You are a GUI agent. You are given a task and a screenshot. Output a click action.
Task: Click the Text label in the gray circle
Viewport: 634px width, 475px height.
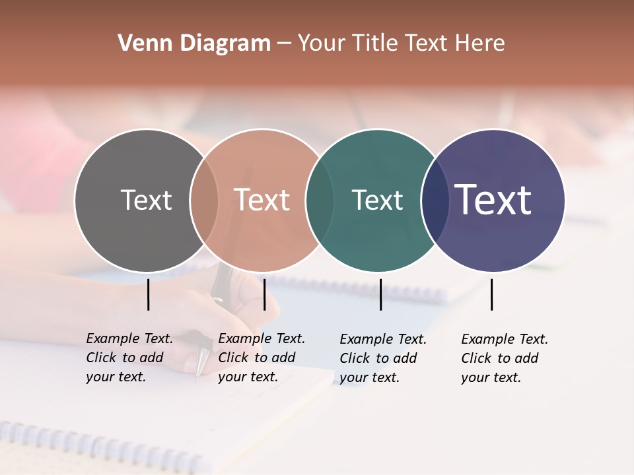pyautogui.click(x=146, y=200)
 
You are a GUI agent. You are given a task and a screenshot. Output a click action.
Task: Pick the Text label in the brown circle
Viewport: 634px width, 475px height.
pyautogui.click(x=262, y=200)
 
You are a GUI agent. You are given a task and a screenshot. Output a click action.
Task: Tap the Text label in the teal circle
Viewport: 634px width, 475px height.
pyautogui.click(x=378, y=200)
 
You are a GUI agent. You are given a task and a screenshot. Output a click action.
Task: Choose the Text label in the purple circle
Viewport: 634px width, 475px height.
pyautogui.click(x=493, y=200)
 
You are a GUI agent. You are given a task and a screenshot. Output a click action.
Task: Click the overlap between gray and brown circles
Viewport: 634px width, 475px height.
pyautogui.click(x=204, y=200)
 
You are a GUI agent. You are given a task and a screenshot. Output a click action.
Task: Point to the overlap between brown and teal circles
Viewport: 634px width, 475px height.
pyautogui.click(x=320, y=200)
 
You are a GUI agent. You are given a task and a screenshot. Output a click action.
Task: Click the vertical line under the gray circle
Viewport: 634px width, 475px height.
pyautogui.click(x=149, y=294)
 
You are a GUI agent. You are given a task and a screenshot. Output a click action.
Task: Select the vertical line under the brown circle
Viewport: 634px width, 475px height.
pyautogui.click(x=264, y=294)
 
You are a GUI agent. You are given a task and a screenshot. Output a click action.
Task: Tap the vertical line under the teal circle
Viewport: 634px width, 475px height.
pyautogui.click(x=381, y=294)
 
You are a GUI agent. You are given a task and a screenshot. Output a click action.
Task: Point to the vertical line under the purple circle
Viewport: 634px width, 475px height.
pyautogui.click(x=492, y=294)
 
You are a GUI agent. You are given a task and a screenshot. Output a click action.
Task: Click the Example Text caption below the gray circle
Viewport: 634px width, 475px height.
pyautogui.click(x=129, y=358)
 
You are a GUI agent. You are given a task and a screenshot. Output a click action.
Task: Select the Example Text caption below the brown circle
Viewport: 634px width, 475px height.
pyautogui.click(x=262, y=358)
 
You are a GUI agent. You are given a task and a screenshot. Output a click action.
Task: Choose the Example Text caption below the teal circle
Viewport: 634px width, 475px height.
pyautogui.click(x=383, y=358)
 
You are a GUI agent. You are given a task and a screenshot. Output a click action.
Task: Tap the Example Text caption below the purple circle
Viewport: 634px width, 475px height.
pyautogui.click(x=505, y=358)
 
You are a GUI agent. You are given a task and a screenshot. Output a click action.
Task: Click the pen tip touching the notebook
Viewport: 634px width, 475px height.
pyautogui.click(x=197, y=381)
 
